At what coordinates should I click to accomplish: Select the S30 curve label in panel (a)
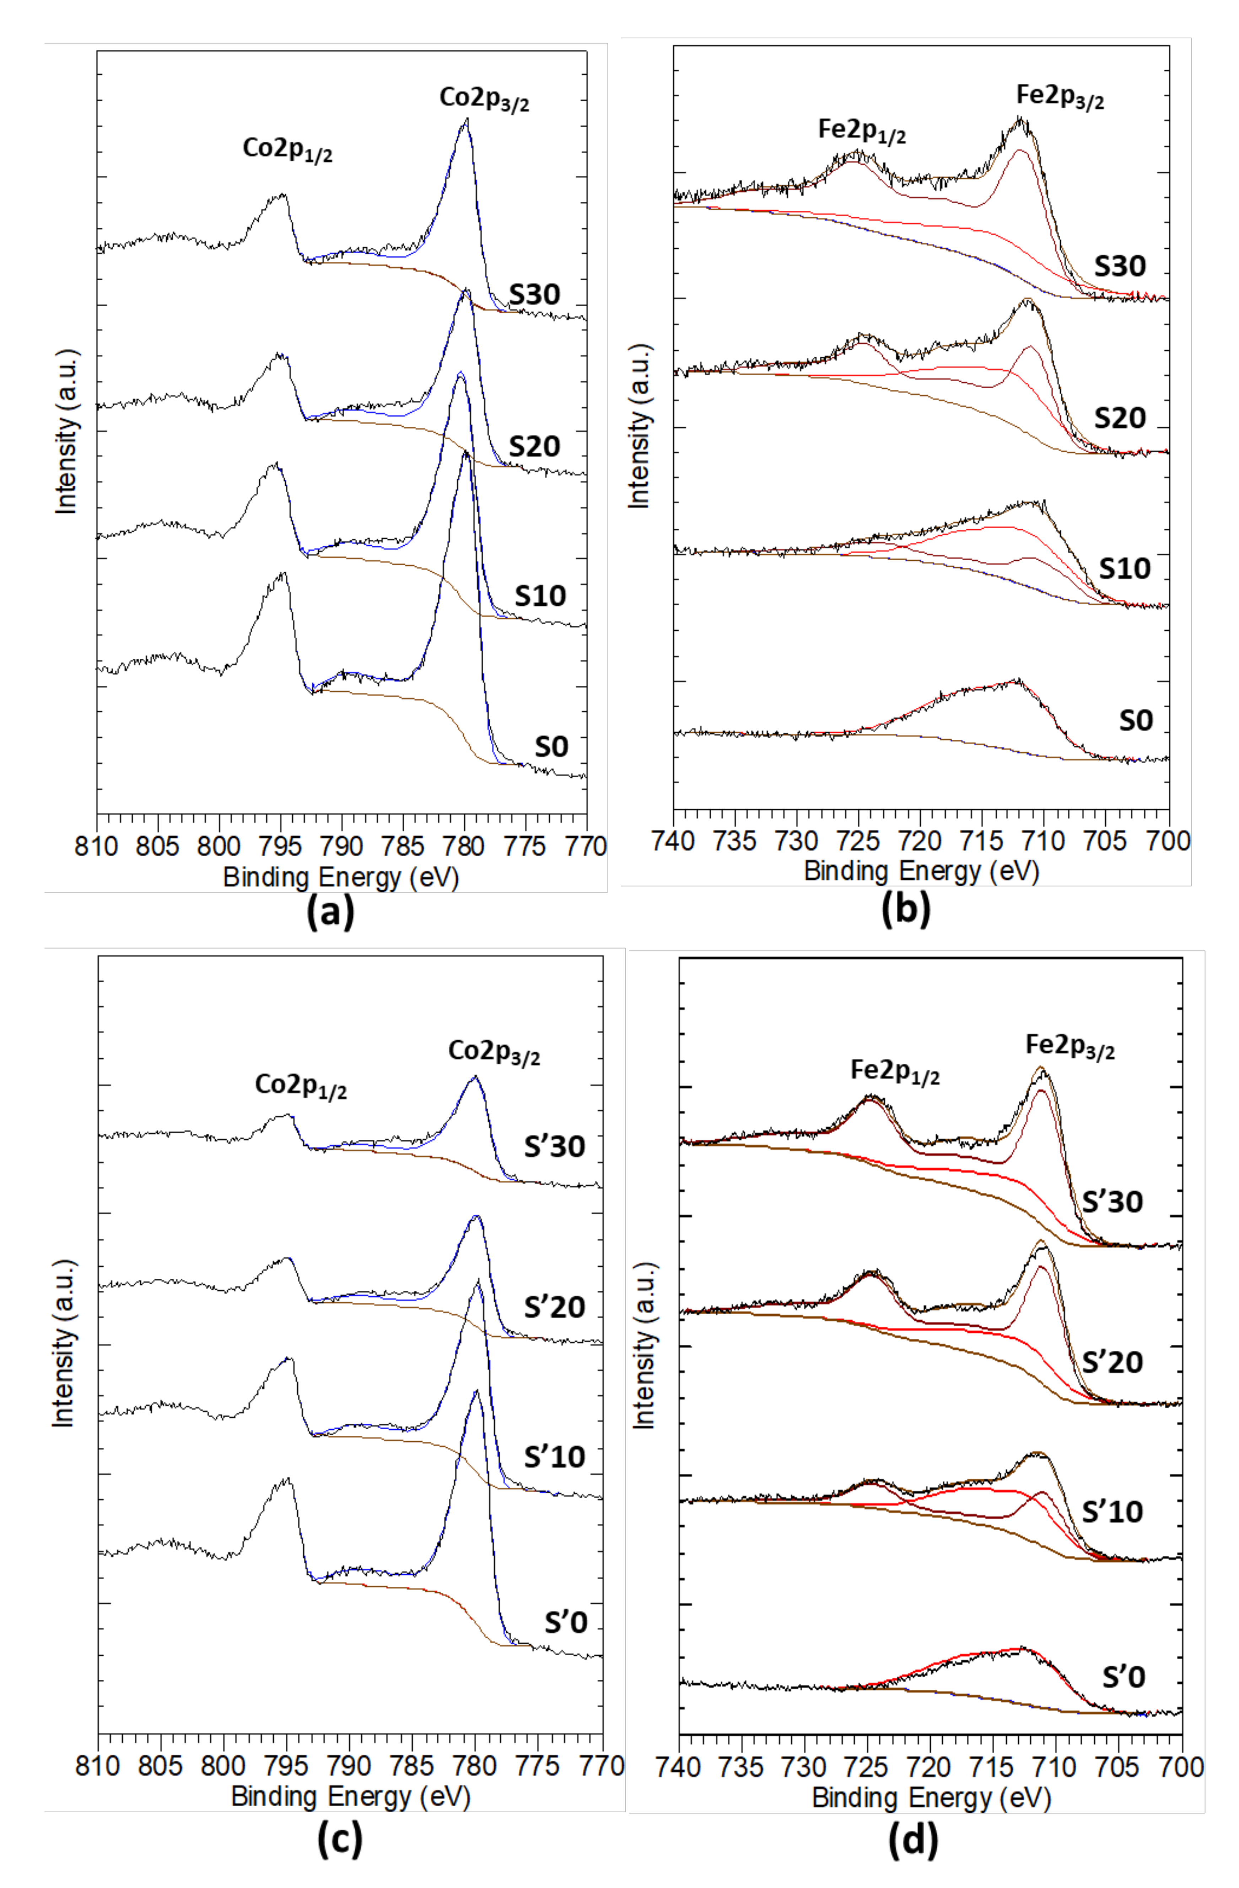pyautogui.click(x=535, y=294)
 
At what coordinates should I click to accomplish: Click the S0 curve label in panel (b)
pyautogui.click(x=1135, y=720)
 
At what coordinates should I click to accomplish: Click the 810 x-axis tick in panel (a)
pyautogui.click(x=97, y=846)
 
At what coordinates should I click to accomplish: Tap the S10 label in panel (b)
pyautogui.click(x=1124, y=568)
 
